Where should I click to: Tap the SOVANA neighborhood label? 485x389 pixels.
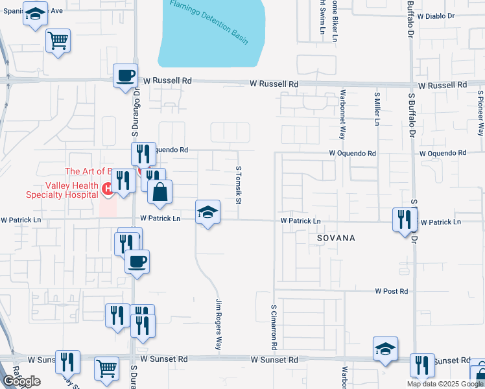click(336, 238)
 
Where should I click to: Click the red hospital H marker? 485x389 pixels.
click(108, 189)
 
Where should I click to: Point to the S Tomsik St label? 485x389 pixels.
click(238, 184)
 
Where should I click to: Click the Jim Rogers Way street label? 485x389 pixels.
click(219, 324)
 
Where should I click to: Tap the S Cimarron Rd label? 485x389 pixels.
click(274, 327)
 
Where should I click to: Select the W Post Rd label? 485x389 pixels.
click(391, 292)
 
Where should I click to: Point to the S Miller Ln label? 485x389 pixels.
click(376, 108)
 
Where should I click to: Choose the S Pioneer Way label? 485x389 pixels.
click(480, 113)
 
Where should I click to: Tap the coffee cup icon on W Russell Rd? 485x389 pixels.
click(126, 75)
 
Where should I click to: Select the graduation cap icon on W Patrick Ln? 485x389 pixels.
click(207, 211)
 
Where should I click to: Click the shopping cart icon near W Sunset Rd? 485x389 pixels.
click(106, 368)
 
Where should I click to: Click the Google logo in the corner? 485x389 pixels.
click(21, 381)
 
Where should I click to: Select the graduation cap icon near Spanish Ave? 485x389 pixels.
click(35, 14)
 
